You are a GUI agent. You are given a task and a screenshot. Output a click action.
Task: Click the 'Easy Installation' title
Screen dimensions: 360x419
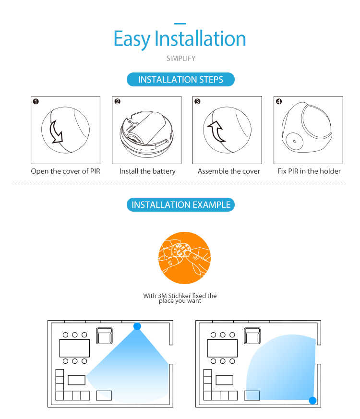click(180, 39)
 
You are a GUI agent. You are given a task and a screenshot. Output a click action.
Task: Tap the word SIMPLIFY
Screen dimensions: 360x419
click(180, 58)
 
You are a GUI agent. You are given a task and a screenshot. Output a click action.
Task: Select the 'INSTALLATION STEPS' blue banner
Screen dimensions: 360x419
click(180, 79)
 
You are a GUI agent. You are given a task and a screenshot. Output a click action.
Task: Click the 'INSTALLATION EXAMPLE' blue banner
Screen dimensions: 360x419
click(180, 204)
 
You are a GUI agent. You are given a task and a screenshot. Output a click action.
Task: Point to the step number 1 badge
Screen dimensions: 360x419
click(36, 102)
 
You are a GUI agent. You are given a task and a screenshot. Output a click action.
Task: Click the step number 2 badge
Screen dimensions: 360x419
click(117, 102)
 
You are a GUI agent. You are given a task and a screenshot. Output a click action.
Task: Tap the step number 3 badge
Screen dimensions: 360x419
click(197, 102)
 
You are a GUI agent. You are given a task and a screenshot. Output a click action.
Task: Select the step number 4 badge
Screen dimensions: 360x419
click(279, 102)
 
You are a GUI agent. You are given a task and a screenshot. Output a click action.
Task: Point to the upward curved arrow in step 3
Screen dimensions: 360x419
click(218, 131)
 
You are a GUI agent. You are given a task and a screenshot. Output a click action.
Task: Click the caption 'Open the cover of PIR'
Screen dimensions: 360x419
click(65, 171)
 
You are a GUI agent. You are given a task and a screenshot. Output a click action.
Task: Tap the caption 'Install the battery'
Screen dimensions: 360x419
click(147, 171)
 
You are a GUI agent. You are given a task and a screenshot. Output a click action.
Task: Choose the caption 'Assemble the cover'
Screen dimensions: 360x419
click(229, 171)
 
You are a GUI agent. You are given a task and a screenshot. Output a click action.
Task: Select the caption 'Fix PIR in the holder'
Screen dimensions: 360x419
click(309, 171)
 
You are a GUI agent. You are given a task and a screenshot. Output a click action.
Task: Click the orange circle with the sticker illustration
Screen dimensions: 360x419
click(184, 258)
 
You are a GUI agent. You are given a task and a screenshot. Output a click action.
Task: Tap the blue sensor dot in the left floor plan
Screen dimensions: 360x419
click(137, 326)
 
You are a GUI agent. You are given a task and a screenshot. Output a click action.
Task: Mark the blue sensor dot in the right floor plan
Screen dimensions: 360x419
click(312, 401)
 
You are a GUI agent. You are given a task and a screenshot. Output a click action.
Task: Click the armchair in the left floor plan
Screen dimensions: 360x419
click(104, 335)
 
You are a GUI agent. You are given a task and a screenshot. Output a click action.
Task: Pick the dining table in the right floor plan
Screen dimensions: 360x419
click(222, 348)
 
